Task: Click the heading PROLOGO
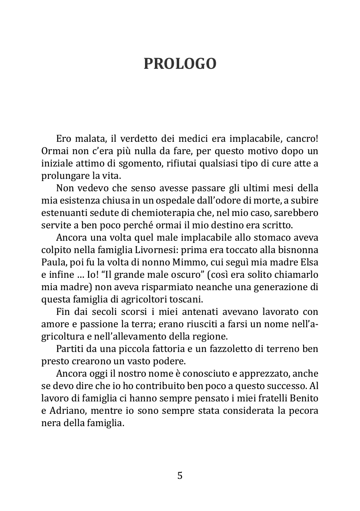180,64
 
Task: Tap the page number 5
180,476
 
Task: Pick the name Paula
52,263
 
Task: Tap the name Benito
304,398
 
